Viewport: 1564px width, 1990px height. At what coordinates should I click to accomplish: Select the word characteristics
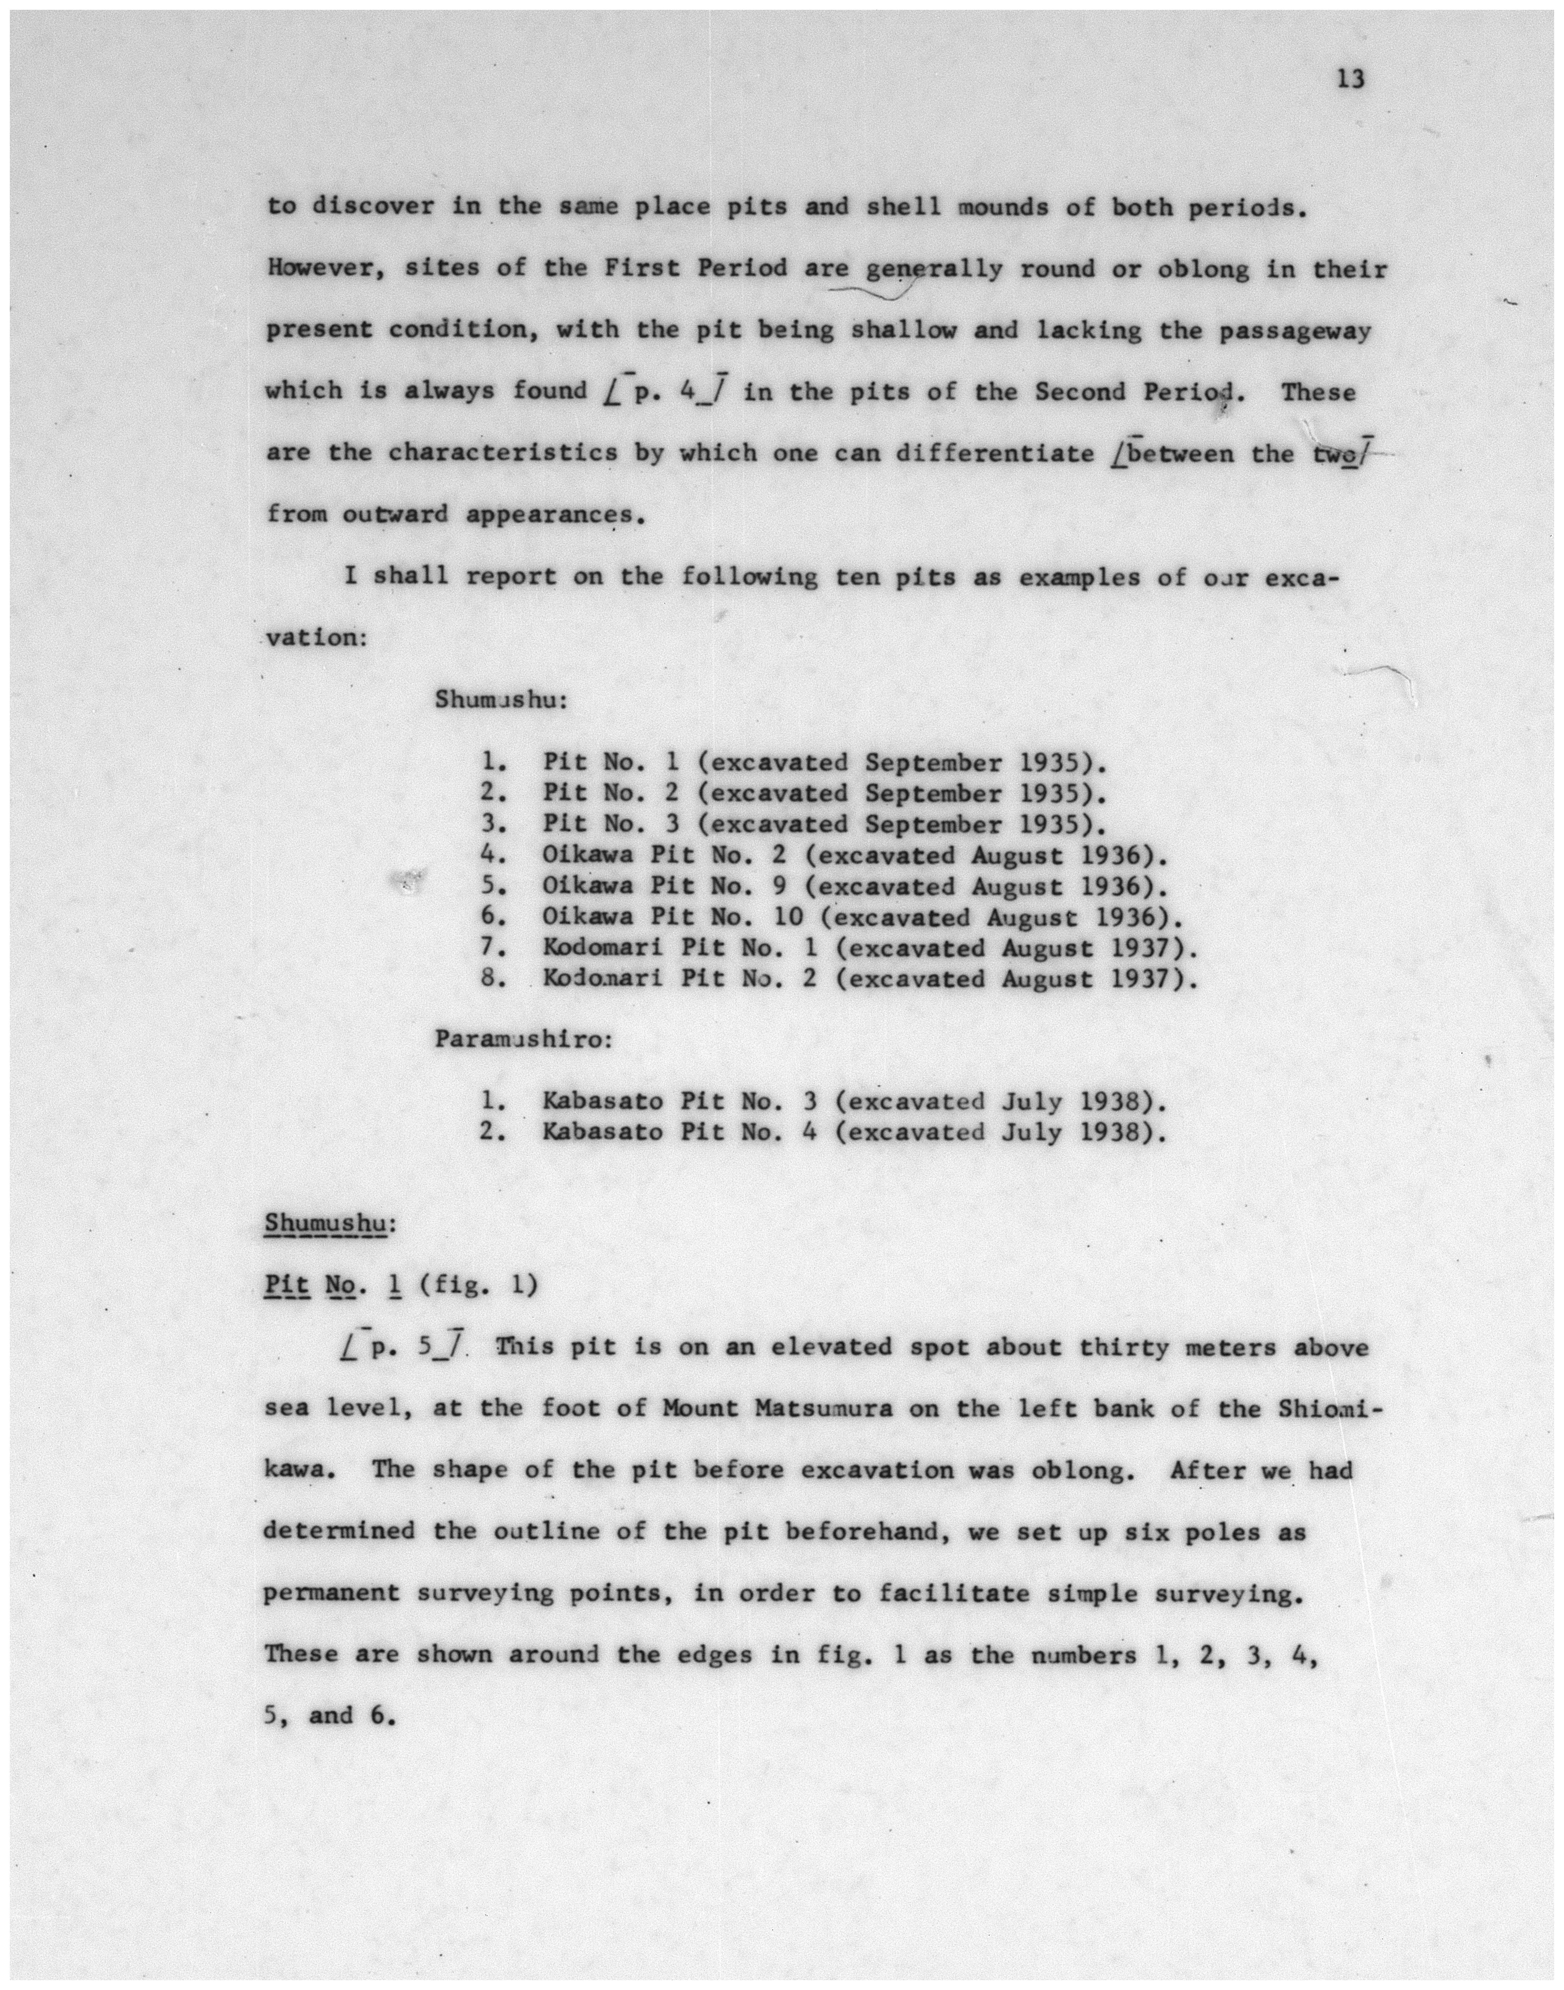[x=503, y=453]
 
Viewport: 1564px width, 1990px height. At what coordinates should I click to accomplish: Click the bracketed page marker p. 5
[x=404, y=1347]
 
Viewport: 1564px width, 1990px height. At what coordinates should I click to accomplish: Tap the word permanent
[x=332, y=1594]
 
